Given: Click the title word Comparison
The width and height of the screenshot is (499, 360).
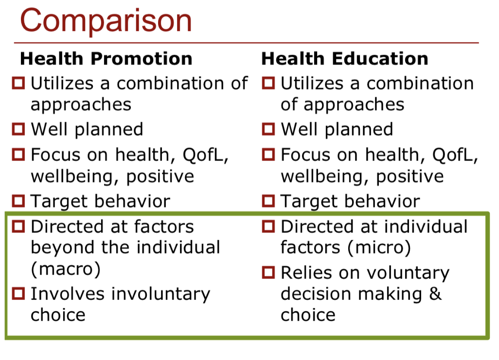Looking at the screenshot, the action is [106, 21].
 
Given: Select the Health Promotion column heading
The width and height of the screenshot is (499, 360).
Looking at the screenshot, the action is [107, 58].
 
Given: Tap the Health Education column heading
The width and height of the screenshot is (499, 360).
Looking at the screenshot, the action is [345, 58].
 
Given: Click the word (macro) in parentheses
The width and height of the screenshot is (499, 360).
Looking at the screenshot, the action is [66, 269].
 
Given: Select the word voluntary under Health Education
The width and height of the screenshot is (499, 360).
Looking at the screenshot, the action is [408, 273].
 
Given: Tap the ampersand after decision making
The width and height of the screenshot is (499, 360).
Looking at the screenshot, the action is [435, 294].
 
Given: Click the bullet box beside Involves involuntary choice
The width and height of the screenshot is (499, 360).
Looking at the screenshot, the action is [18, 293].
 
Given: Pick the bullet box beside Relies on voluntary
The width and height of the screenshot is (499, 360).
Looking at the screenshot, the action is [268, 272].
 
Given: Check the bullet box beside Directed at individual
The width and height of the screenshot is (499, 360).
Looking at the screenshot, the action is [268, 226].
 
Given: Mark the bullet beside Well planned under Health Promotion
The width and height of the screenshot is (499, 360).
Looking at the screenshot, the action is [18, 129].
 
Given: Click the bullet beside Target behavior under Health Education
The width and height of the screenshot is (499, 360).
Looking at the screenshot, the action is [268, 201].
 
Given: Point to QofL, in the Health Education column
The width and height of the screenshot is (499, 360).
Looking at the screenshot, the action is [455, 155].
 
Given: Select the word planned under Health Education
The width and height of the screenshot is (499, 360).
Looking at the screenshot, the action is [358, 130].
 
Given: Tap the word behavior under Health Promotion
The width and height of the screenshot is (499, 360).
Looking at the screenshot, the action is [132, 201].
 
